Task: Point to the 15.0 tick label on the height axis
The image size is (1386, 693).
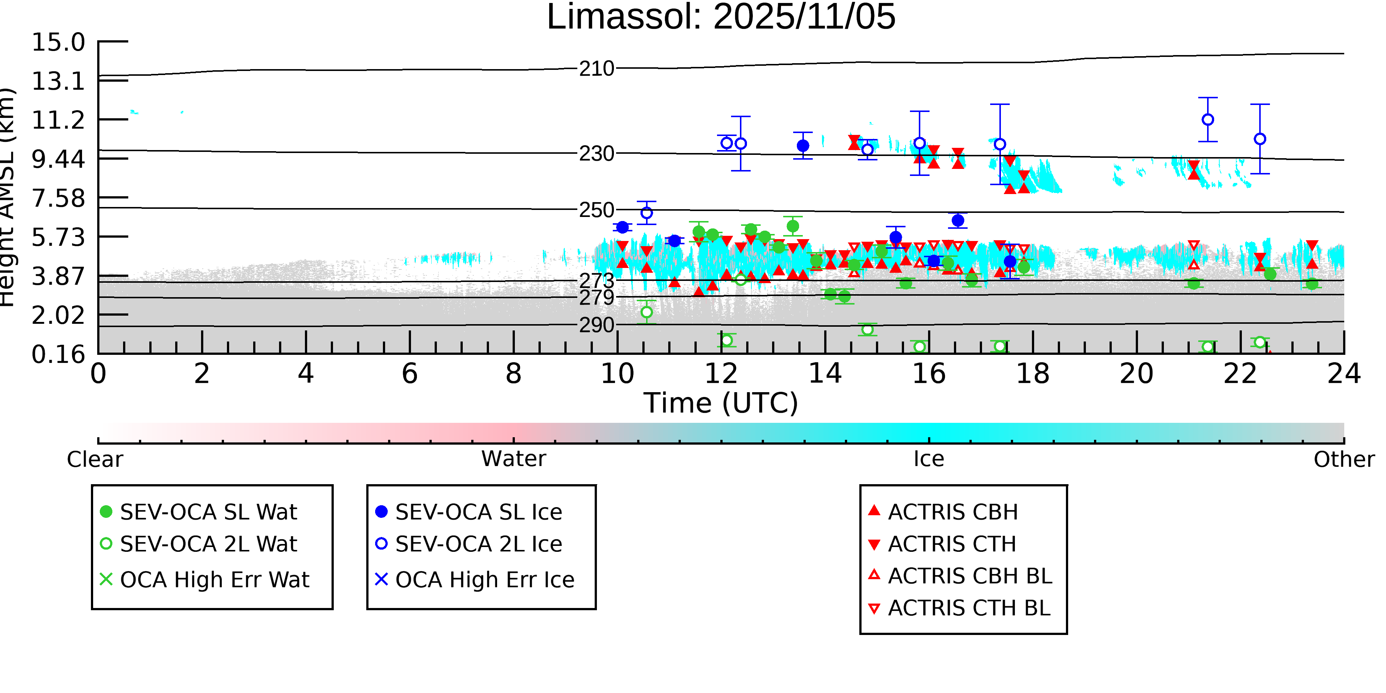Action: pyautogui.click(x=58, y=43)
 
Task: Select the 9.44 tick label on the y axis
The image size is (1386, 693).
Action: pyautogui.click(x=58, y=159)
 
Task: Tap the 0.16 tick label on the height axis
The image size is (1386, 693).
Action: pyautogui.click(x=58, y=354)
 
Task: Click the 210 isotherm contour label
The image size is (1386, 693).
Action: pyautogui.click(x=596, y=69)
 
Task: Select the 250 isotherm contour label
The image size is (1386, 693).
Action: pyautogui.click(x=596, y=210)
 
